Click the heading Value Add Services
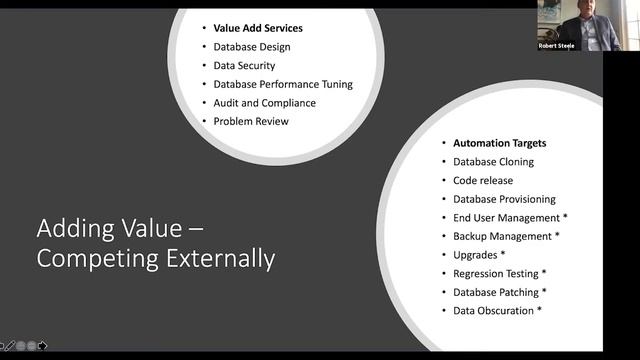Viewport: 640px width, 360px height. pyautogui.click(x=258, y=28)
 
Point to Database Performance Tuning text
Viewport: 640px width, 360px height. pyautogui.click(x=283, y=84)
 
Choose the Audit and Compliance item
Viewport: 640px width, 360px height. pyautogui.click(x=264, y=103)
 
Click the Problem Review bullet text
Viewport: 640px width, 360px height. pyautogui.click(x=250, y=121)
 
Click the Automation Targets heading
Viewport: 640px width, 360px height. pyautogui.click(x=499, y=143)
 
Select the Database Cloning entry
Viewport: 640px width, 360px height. pyautogui.click(x=493, y=161)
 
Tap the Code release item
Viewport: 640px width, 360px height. pyautogui.click(x=483, y=180)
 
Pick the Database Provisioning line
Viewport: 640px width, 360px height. pyautogui.click(x=504, y=199)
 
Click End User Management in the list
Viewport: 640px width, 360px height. pyautogui.click(x=507, y=217)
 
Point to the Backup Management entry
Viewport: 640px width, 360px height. pyautogui.click(x=502, y=236)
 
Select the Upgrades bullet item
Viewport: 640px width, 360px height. pyautogui.click(x=477, y=255)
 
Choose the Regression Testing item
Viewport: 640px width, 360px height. pyautogui.click(x=500, y=273)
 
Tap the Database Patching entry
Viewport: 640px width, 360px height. pyautogui.click(x=495, y=292)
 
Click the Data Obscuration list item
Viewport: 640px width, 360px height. pyautogui.click(x=493, y=311)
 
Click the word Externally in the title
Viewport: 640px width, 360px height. pyautogui.click(x=213, y=258)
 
